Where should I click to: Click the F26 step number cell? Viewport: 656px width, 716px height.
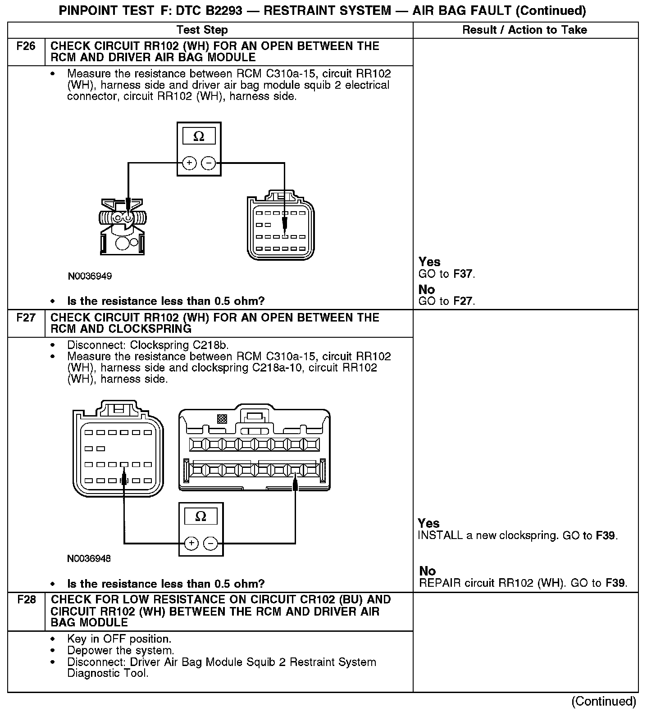[26, 46]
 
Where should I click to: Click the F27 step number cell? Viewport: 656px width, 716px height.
[26, 318]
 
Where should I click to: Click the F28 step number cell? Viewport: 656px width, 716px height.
[26, 600]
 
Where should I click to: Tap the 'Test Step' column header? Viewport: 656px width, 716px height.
[202, 30]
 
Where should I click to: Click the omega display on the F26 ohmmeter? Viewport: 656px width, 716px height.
[199, 136]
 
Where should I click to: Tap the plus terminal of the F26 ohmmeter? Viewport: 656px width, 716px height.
[190, 163]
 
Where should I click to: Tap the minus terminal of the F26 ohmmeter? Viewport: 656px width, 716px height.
[208, 163]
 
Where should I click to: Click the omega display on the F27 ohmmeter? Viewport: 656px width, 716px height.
[201, 516]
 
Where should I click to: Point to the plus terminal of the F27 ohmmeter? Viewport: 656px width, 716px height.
[191, 544]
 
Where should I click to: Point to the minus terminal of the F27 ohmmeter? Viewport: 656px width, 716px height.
[211, 544]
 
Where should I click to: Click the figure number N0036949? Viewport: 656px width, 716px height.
[90, 276]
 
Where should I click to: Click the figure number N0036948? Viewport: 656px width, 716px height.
[89, 559]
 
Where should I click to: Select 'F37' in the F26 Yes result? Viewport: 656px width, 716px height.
[464, 274]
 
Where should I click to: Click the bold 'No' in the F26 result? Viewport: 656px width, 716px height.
[427, 289]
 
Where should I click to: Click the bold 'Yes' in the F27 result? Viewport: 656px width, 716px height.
[428, 523]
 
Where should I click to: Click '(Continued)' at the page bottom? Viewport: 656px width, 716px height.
[604, 701]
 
